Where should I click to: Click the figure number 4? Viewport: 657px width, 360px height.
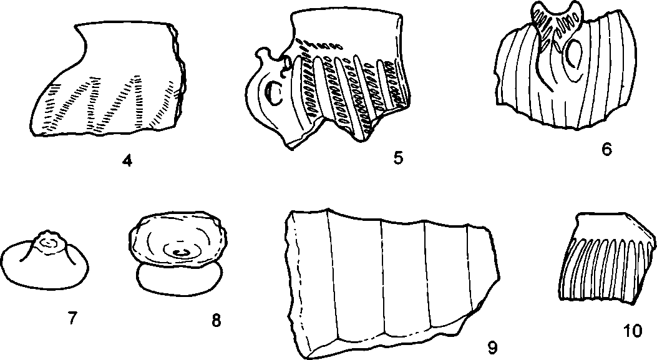(127, 161)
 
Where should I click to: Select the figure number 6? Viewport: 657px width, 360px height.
(606, 149)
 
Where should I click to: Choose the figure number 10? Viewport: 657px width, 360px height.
(633, 331)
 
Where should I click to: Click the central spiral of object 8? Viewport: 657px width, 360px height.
(181, 251)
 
